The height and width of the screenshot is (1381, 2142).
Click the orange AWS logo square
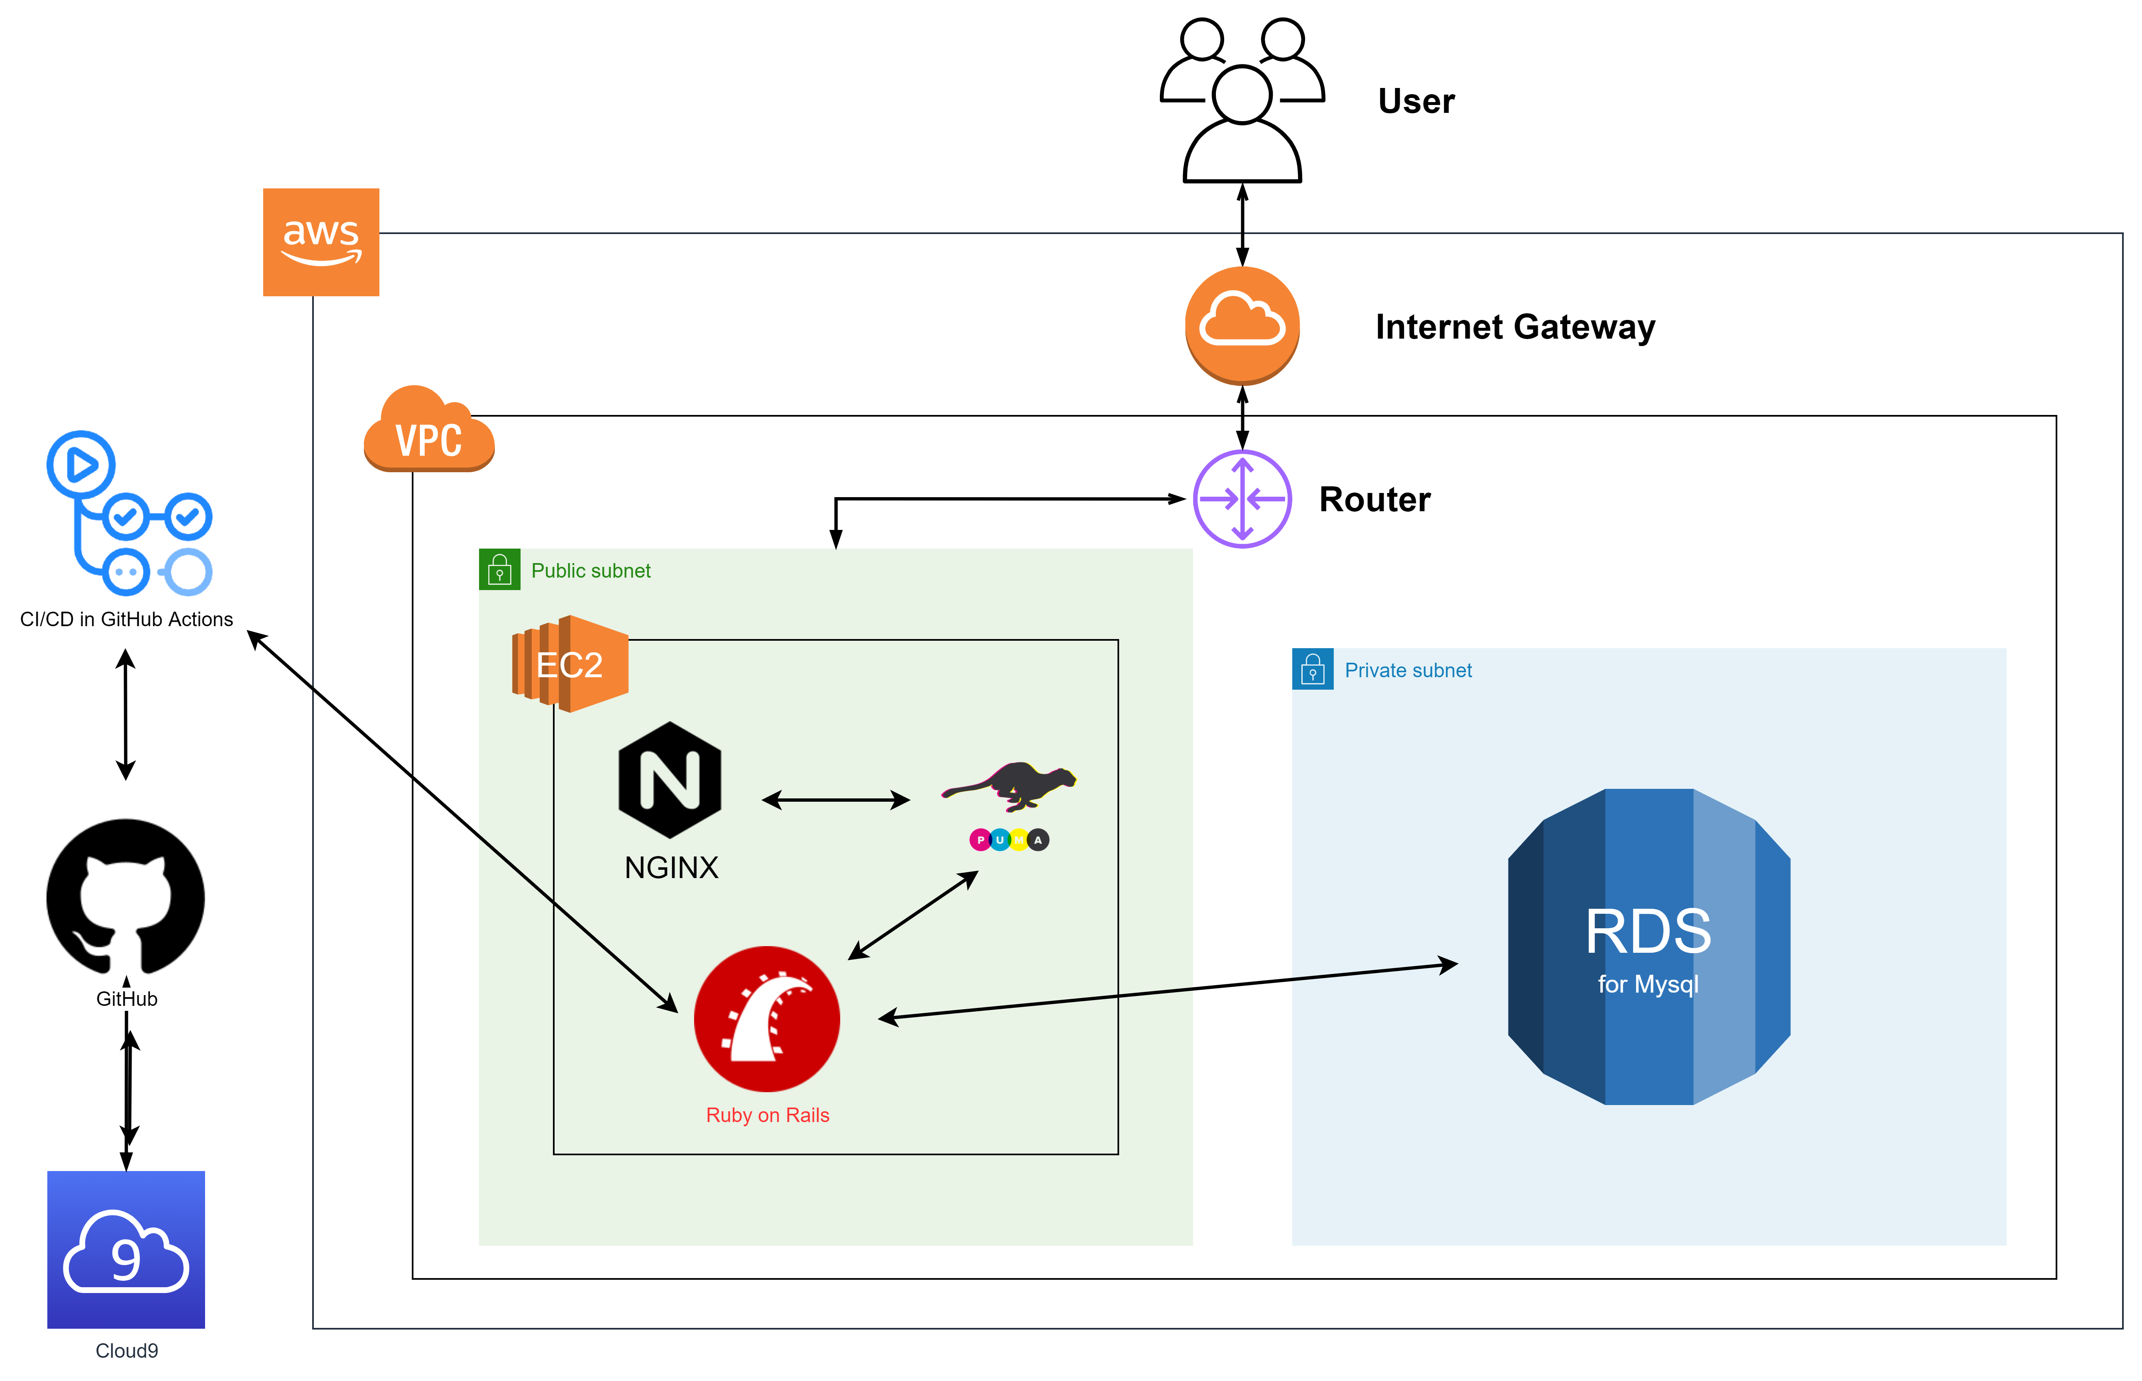(321, 242)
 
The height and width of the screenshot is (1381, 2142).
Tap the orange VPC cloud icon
(429, 430)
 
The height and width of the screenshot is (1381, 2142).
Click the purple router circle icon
(1242, 499)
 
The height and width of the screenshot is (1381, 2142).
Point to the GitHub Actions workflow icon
(130, 514)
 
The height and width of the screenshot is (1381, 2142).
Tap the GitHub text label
(127, 999)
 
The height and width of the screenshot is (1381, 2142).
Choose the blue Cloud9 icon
(127, 1249)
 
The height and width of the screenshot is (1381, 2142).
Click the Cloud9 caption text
(127, 1351)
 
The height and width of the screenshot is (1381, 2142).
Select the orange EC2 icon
(570, 664)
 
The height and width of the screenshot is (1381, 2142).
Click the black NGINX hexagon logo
(670, 779)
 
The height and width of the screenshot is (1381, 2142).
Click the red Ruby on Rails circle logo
(767, 1019)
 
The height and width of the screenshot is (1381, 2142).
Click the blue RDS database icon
(1649, 947)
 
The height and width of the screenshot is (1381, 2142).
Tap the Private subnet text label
(1408, 671)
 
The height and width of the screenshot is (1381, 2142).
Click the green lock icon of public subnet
(500, 569)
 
